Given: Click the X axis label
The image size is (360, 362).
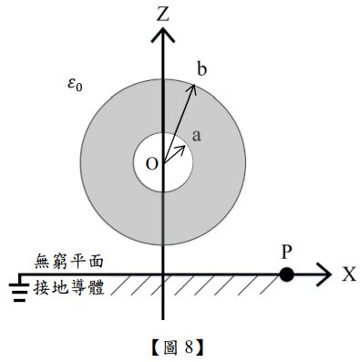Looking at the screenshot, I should coord(348,274).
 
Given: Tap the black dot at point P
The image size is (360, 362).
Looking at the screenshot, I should coord(287,274).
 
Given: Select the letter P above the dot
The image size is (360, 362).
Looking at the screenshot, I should coord(287,251).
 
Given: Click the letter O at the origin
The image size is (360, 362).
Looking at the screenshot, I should coord(151,163).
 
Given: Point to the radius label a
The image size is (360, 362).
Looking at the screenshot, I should coord(196,135).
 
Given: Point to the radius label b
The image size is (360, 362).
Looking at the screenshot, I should coord(201,68).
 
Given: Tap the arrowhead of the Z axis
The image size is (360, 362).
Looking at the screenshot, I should coord(163,35).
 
